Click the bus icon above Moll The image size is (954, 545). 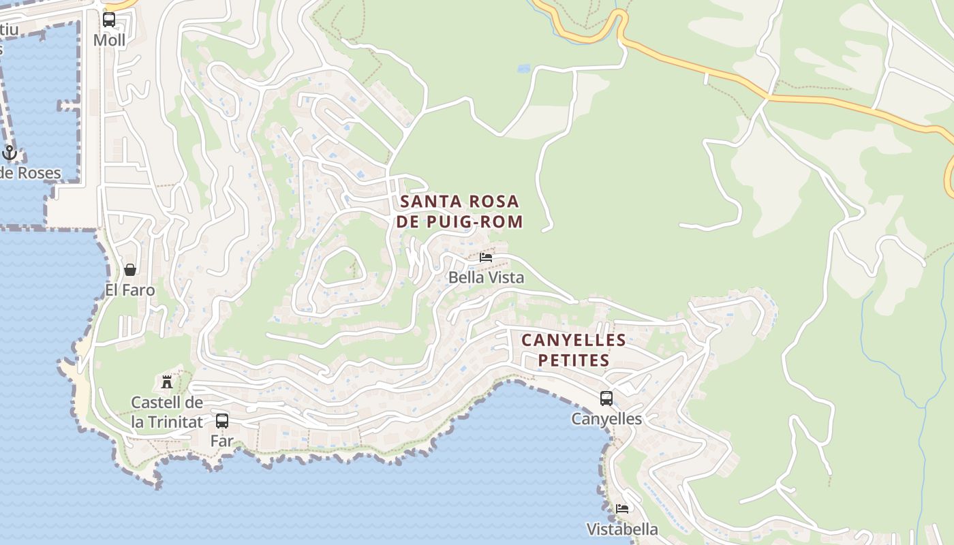pos(109,20)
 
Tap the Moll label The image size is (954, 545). pos(109,40)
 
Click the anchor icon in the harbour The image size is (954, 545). pos(10,152)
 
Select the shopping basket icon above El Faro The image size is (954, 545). pos(130,270)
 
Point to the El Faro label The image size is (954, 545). pos(130,290)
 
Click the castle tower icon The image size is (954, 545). pos(167,381)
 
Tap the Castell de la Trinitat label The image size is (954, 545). pos(167,412)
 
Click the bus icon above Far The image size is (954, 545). pos(221,421)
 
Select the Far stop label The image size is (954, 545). pos(221,441)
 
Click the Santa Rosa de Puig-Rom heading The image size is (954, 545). pos(461,211)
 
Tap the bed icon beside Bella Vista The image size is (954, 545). pos(486,258)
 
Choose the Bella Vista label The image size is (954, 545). pos(486,277)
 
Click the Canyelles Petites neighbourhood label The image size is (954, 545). pos(574,350)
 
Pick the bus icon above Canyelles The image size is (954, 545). pos(606,399)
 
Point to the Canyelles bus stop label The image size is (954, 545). pos(606,419)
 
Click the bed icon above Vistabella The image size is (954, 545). pos(622,509)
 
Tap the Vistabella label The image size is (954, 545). pos(622,529)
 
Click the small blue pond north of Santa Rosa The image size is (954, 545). pos(523,69)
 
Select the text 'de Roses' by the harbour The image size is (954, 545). pos(31,173)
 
